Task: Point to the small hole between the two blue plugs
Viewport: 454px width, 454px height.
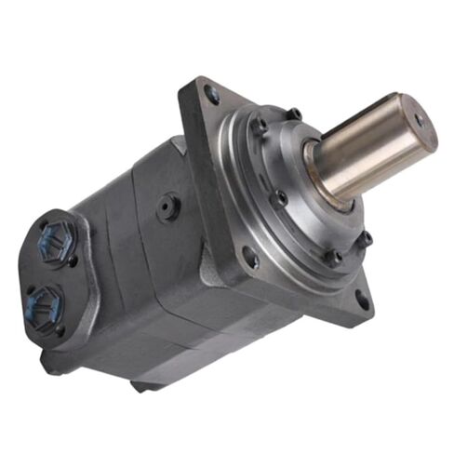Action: pyautogui.click(x=73, y=262)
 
